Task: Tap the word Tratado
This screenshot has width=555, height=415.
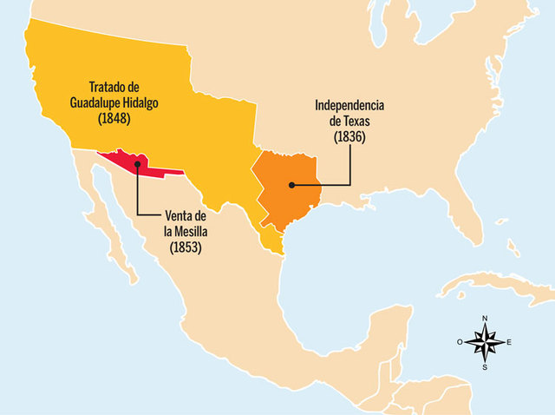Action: (108, 87)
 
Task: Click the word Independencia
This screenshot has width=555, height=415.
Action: (349, 106)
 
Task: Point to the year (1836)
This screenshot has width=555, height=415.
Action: (349, 136)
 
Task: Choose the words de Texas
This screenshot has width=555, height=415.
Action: (349, 122)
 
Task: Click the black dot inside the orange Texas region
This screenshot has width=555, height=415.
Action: (291, 184)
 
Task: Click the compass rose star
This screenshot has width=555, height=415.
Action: (485, 342)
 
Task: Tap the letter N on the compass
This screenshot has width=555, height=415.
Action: (485, 318)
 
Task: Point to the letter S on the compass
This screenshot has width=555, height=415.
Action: (485, 367)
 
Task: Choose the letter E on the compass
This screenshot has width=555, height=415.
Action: (509, 342)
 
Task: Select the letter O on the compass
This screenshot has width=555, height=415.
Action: (460, 342)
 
